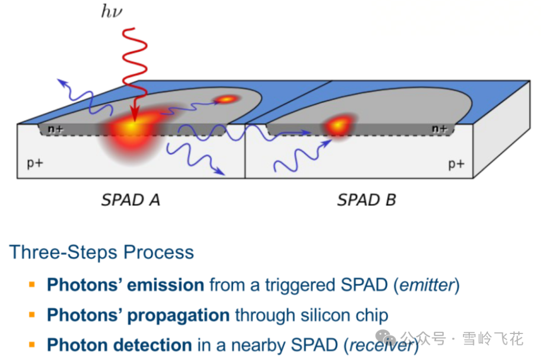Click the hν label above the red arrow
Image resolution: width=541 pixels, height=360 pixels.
point(112,11)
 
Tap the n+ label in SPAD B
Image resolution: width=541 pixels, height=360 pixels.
point(439,129)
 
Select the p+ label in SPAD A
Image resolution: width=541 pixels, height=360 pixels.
point(35,163)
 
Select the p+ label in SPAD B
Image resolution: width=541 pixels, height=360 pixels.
point(456,164)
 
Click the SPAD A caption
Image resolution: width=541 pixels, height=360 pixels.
point(130,200)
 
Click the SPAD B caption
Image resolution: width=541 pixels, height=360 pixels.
point(366,200)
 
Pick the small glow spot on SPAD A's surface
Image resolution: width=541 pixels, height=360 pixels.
point(226,99)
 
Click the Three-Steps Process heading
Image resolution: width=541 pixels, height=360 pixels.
point(102,252)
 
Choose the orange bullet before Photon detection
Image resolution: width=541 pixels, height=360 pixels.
point(32,344)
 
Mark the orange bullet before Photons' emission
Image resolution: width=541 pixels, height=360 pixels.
point(32,284)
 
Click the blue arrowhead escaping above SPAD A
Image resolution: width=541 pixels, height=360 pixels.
point(60,81)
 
